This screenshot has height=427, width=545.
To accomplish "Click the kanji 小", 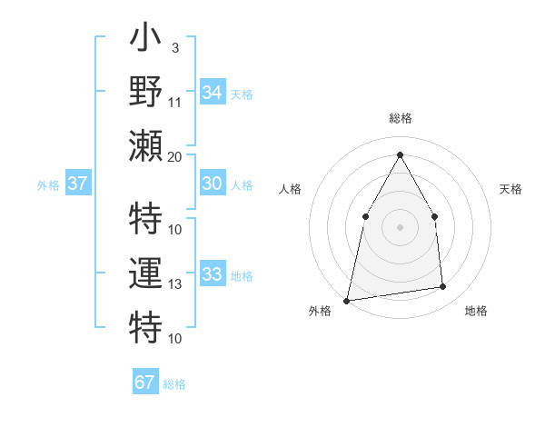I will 145,41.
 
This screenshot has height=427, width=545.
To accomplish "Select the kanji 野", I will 145,91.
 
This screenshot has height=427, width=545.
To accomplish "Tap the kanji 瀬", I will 145,142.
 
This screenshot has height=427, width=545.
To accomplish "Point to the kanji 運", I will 145,273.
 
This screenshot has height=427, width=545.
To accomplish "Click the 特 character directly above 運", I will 145,221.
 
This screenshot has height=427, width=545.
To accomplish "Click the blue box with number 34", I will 212,93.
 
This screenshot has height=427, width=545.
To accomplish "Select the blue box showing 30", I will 212,184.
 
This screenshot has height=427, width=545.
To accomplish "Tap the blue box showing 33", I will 212,274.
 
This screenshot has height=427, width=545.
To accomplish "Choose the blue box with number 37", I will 78,184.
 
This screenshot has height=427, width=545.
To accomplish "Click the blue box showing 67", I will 145,382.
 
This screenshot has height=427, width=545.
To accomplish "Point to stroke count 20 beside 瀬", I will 175,156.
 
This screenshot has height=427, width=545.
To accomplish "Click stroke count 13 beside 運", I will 175,284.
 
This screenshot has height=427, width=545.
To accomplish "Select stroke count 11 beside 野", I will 175,102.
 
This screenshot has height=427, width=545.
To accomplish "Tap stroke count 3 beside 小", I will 174,47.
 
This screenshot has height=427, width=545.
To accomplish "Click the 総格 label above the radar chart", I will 400,118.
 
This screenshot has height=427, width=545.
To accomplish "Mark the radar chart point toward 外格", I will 346,301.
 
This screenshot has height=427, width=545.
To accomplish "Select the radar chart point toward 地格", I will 443,287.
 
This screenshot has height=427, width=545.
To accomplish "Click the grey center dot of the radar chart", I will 400,226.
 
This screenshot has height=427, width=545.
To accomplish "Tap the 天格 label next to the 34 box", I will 241,94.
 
